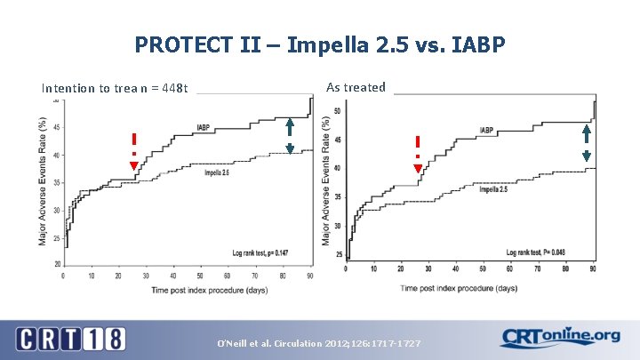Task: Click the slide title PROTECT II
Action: click(319, 44)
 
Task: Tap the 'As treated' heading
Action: click(356, 87)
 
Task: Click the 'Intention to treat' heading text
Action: click(115, 88)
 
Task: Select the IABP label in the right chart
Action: click(487, 131)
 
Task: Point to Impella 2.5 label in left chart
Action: click(217, 172)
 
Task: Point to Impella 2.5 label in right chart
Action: click(493, 189)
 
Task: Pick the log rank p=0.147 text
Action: click(260, 253)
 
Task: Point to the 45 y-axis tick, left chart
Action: click(56, 128)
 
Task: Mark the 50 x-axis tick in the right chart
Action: click(484, 268)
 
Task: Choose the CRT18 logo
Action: click(70, 339)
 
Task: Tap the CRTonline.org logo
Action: click(561, 337)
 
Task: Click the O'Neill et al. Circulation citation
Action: click(320, 343)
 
